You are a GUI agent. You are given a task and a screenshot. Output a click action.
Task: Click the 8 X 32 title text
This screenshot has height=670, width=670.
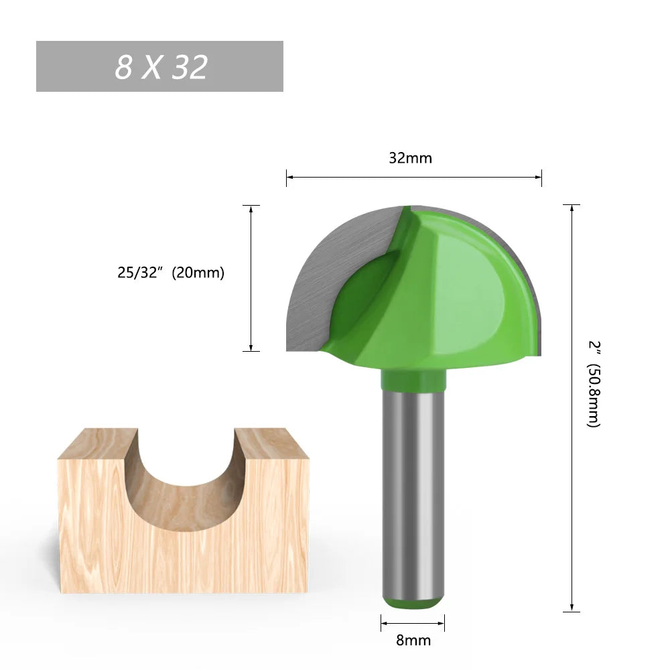pyautogui.click(x=161, y=67)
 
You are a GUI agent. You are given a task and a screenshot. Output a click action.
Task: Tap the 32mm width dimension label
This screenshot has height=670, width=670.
pyautogui.click(x=410, y=159)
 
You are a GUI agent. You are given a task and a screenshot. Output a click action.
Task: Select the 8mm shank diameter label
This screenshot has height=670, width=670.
pyautogui.click(x=413, y=640)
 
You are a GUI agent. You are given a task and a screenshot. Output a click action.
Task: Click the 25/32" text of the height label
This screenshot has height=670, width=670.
pyautogui.click(x=141, y=273)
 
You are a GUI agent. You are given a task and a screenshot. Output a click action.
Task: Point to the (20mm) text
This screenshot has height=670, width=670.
pyautogui.click(x=198, y=273)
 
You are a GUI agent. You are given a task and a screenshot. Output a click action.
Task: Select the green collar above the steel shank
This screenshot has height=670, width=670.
pyautogui.click(x=413, y=379)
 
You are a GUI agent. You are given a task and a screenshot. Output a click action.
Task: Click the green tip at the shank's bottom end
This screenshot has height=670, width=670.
pyautogui.click(x=413, y=603)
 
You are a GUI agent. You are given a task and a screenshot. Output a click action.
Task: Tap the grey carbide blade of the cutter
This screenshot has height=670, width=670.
pyautogui.click(x=328, y=268)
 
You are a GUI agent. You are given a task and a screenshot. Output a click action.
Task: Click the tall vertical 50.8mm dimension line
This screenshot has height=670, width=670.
pyautogui.click(x=572, y=469)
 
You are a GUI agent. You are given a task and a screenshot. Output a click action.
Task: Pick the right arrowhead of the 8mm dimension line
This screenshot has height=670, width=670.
pyautogui.click(x=441, y=622)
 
